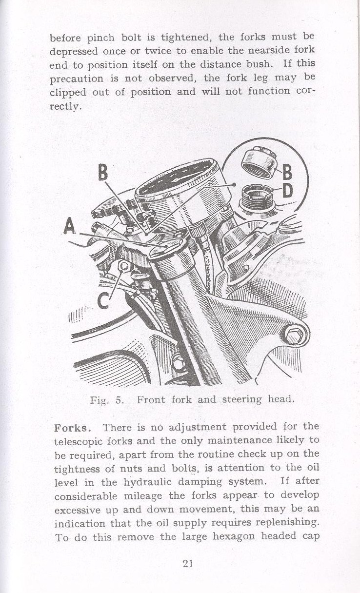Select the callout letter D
tap(287, 190)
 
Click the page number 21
tap(188, 564)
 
